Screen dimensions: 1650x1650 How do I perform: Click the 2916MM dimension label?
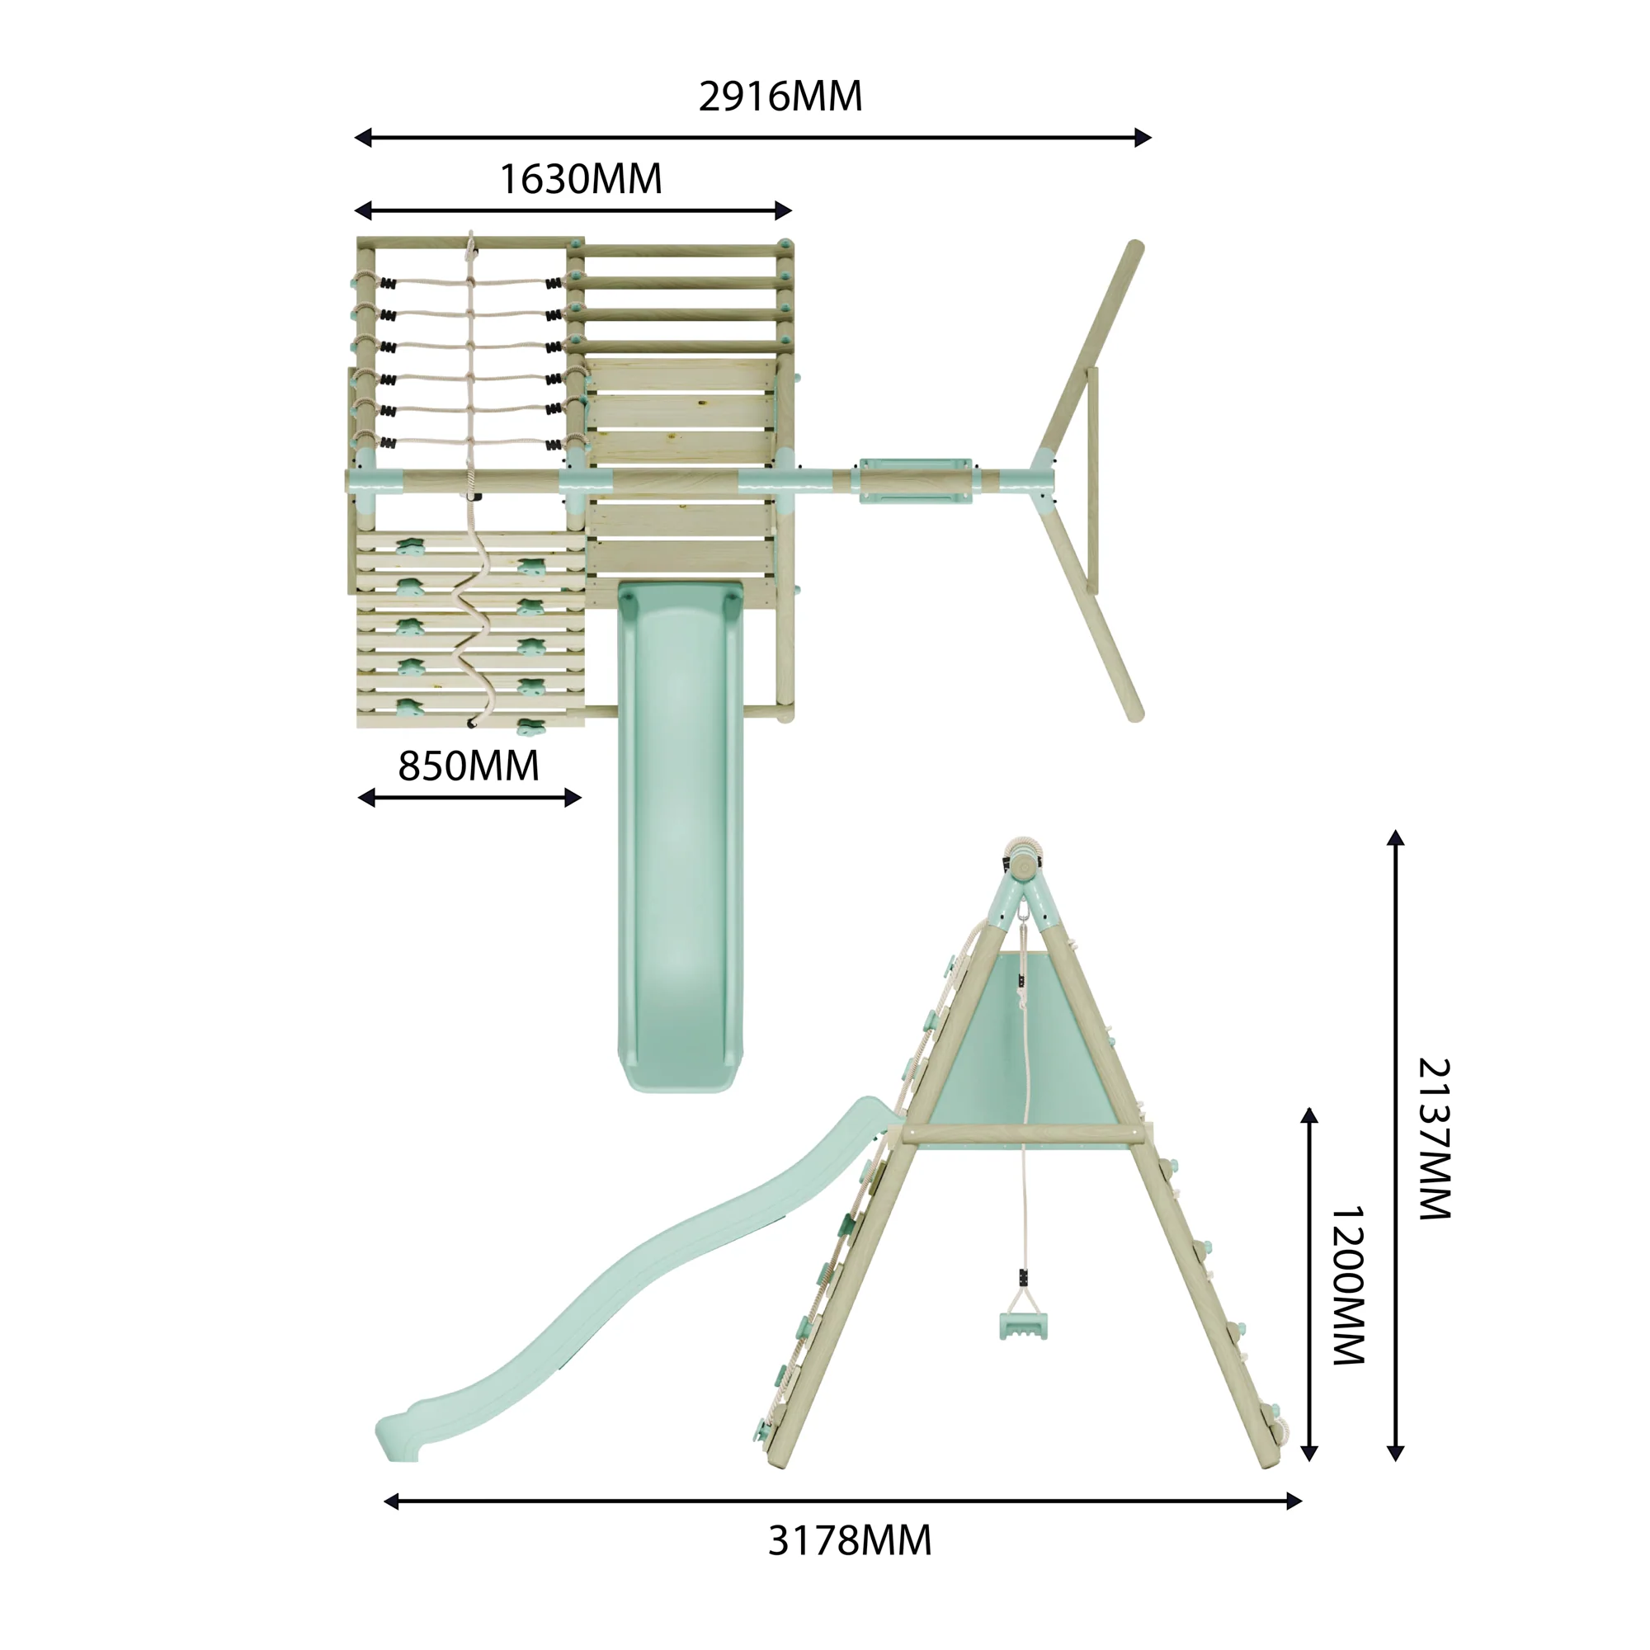[780, 96]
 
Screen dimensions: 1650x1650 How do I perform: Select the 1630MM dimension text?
[580, 179]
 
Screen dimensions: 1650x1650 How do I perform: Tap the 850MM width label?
[468, 766]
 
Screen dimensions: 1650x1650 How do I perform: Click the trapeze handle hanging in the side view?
[1022, 1325]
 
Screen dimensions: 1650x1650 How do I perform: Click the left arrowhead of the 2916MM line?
[363, 138]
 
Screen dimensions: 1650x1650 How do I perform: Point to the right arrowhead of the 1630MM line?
[783, 210]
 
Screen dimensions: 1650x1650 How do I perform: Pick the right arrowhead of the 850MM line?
[573, 798]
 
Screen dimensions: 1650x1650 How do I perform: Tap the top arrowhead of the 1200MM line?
[1309, 1116]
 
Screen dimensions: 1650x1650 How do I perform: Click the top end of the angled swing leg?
[1135, 247]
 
